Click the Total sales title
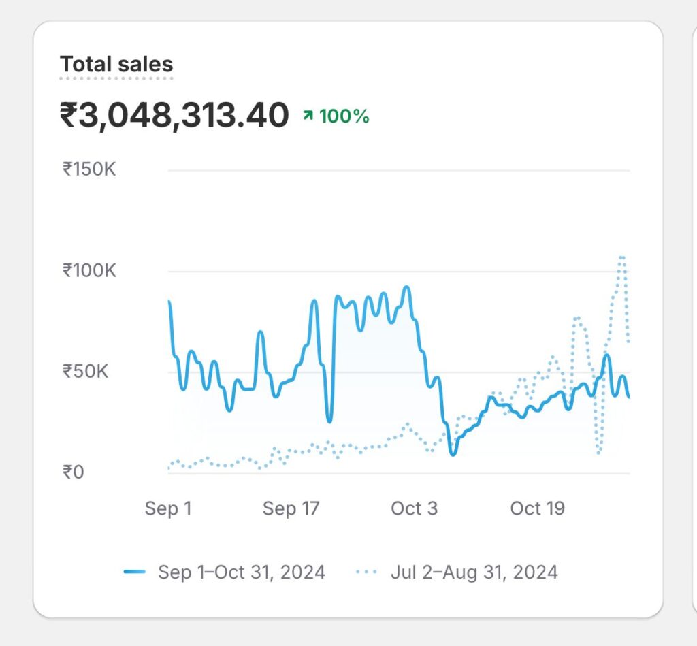pos(116,65)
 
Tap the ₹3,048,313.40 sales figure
pos(174,116)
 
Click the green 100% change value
pos(344,116)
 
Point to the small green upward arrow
pos(308,117)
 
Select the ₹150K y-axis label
pos(89,169)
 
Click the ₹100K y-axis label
pos(89,270)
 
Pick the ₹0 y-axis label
pos(74,472)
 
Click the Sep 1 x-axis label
pos(168,508)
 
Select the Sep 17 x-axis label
pos(291,508)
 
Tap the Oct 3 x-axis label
pos(415,508)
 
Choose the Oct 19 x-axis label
pos(538,508)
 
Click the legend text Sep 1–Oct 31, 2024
pos(242,572)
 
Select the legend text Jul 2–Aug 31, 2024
pos(474,572)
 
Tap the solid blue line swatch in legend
pos(135,572)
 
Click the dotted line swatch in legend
pos(367,572)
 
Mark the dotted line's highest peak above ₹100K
pos(621,257)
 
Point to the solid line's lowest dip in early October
pos(453,454)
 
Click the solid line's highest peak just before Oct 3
pos(407,287)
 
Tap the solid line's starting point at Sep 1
pos(169,301)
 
